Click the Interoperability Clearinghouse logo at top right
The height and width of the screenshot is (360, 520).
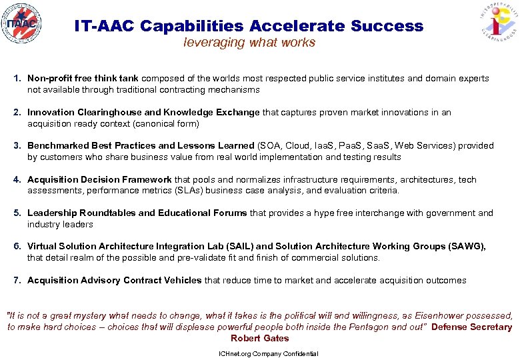point(497,27)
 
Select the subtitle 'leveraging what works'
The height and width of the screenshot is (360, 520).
point(249,43)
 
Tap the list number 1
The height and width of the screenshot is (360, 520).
point(17,79)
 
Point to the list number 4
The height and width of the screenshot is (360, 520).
point(17,180)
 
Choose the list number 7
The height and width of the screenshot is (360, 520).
point(17,281)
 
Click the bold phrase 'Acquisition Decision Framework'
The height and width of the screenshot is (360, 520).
point(99,180)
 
